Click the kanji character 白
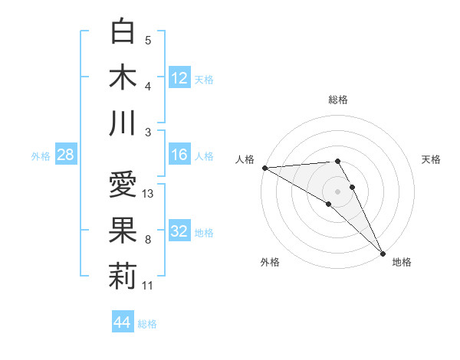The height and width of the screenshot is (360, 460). pyautogui.click(x=123, y=31)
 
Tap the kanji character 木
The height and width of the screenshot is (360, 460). pyautogui.click(x=123, y=77)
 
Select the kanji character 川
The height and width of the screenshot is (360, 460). pyautogui.click(x=123, y=123)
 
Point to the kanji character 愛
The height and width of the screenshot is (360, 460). pyautogui.click(x=123, y=186)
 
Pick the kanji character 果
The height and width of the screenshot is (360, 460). pyautogui.click(x=123, y=231)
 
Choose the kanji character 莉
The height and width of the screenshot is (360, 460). pyautogui.click(x=123, y=277)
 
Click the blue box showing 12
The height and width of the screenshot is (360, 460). pyautogui.click(x=179, y=77)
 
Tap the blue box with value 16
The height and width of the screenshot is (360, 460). pyautogui.click(x=179, y=155)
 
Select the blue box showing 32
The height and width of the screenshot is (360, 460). pyautogui.click(x=179, y=231)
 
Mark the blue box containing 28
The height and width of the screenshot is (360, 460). pyautogui.click(x=66, y=155)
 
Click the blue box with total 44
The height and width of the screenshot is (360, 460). pyautogui.click(x=122, y=322)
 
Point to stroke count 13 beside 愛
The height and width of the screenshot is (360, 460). pyautogui.click(x=149, y=194)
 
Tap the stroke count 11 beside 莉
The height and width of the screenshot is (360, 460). pyautogui.click(x=149, y=286)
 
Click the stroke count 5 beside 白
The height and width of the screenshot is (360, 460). pyautogui.click(x=148, y=41)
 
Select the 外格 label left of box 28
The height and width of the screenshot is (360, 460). pyautogui.click(x=41, y=155)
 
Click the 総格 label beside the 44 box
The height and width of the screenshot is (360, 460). pyautogui.click(x=147, y=323)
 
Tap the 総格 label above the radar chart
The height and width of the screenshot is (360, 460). pyautogui.click(x=338, y=100)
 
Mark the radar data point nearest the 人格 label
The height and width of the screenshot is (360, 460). pyautogui.click(x=264, y=168)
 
